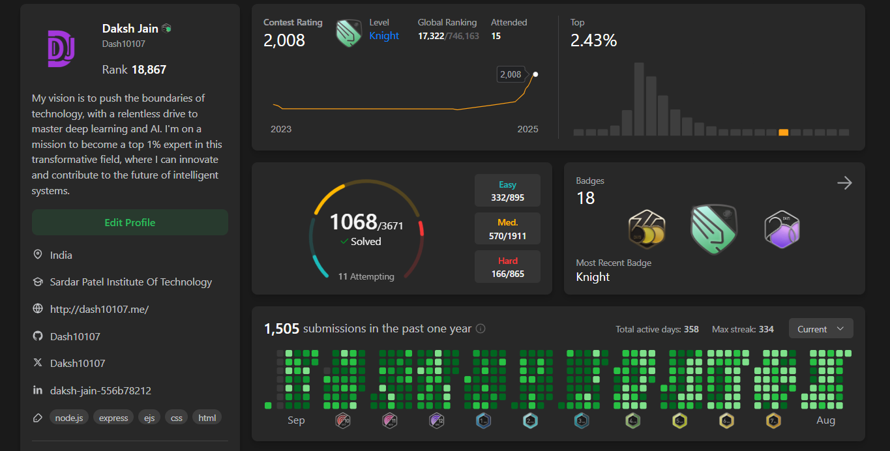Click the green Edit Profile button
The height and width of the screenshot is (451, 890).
click(x=130, y=222)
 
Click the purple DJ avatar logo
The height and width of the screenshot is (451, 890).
click(x=61, y=48)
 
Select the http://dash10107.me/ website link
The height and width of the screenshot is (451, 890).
click(x=99, y=309)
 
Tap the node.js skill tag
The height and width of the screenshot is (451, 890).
click(x=68, y=418)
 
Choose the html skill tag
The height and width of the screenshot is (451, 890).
click(x=207, y=418)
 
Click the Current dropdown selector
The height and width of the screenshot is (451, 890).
click(x=820, y=329)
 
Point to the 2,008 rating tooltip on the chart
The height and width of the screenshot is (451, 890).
click(x=511, y=74)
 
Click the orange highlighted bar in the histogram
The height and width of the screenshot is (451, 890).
click(x=783, y=132)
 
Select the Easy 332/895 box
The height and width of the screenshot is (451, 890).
click(x=507, y=191)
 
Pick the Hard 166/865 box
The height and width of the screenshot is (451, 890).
click(x=507, y=267)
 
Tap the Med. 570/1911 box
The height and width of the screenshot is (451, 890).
click(x=507, y=229)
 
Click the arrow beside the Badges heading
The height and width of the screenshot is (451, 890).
click(x=844, y=183)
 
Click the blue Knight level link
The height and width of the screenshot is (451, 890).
click(x=384, y=36)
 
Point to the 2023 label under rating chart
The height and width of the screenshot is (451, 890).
click(x=281, y=129)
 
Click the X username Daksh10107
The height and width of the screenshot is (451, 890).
click(x=78, y=363)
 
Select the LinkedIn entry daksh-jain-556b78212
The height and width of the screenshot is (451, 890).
click(x=100, y=390)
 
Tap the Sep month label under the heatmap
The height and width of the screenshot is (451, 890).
click(x=296, y=420)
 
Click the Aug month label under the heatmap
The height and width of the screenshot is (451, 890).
click(x=825, y=420)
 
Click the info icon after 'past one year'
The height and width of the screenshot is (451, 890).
click(x=481, y=329)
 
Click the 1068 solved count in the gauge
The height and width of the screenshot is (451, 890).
click(x=353, y=222)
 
